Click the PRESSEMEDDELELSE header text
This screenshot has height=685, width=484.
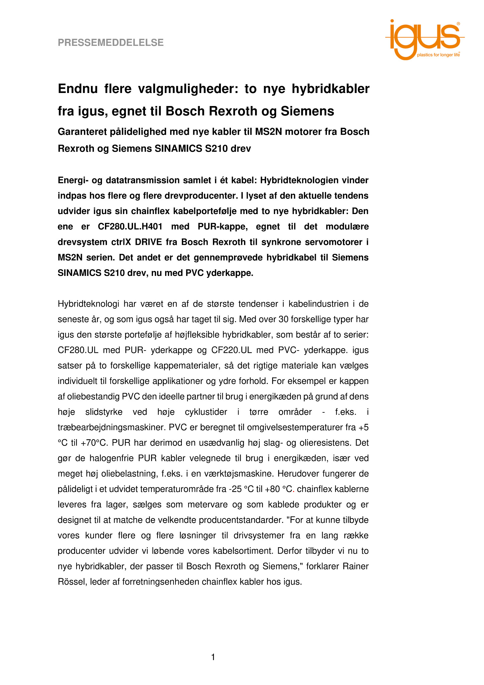pyautogui.click(x=111, y=42)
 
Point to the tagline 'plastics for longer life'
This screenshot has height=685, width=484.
pyautogui.click(x=438, y=55)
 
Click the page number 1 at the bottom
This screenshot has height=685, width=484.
pyautogui.click(x=213, y=657)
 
